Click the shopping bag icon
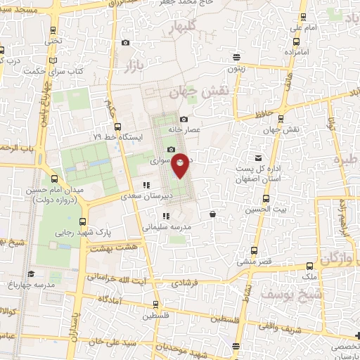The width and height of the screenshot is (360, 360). coord(212,213)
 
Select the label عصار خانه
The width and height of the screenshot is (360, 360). coord(185,129)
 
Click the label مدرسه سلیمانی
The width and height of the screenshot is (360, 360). coord(163,228)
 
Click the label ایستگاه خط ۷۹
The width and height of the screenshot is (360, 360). coord(119,136)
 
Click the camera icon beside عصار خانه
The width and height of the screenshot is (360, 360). coord(184,119)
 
